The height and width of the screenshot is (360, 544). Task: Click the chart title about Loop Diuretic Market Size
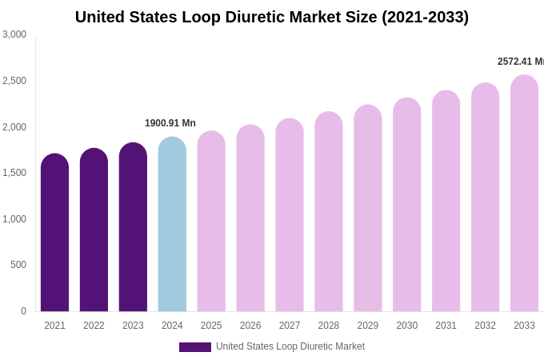click(272, 17)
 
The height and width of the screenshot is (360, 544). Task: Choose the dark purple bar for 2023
click(133, 227)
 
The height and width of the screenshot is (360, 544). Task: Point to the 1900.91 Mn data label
click(170, 123)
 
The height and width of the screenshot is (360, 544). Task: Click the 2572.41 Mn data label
click(521, 62)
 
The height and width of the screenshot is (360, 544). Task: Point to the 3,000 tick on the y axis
click(14, 34)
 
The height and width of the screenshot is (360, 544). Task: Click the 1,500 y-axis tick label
click(14, 173)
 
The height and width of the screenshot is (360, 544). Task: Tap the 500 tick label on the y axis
click(18, 265)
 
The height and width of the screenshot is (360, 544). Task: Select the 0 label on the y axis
click(23, 311)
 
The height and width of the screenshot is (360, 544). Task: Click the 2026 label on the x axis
click(250, 326)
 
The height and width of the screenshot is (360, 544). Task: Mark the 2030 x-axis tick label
click(406, 326)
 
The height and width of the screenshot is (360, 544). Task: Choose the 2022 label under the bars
click(94, 326)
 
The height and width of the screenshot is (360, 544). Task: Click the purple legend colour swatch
click(195, 347)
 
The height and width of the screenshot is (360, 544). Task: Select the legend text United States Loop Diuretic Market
click(290, 346)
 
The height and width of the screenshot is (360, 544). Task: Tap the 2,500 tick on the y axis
click(14, 81)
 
